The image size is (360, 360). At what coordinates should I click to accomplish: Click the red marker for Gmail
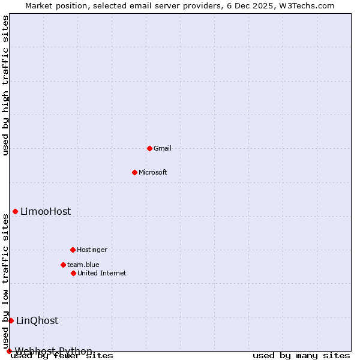click(149, 148)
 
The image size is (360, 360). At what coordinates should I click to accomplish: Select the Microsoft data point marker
click(134, 172)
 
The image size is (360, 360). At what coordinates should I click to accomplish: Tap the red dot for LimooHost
click(15, 211)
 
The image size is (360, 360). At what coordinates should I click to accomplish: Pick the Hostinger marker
click(73, 250)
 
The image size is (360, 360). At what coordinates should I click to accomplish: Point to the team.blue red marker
click(63, 265)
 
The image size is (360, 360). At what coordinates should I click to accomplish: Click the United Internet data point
click(73, 273)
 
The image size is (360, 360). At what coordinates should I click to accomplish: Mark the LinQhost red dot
click(11, 320)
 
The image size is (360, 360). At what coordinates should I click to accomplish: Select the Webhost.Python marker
click(9, 351)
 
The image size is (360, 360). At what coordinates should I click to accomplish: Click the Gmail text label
click(163, 148)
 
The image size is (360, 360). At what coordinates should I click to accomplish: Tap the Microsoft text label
click(153, 172)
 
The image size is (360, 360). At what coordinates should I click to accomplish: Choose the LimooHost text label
click(46, 211)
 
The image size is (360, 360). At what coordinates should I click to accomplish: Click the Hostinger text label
click(92, 250)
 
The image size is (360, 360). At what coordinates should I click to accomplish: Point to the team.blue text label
click(83, 265)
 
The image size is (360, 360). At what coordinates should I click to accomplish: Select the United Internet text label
click(102, 273)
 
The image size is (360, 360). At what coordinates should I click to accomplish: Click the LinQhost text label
click(37, 320)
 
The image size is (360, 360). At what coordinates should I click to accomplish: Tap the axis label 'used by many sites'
click(301, 356)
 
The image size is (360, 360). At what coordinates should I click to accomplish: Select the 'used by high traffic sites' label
click(6, 85)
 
